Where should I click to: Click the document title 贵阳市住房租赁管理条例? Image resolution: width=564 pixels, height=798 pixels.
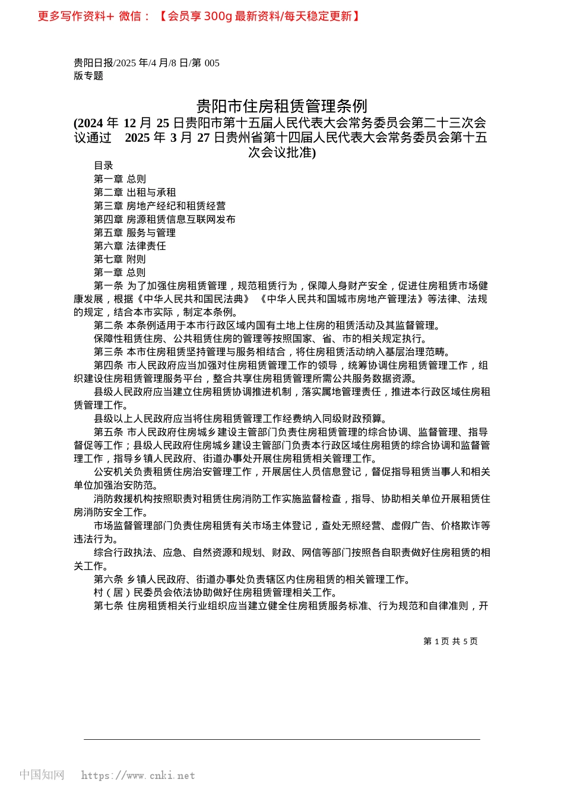click(x=282, y=106)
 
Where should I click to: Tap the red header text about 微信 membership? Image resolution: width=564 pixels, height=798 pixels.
click(x=199, y=17)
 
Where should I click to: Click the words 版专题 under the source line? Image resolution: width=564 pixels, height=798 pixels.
click(x=88, y=76)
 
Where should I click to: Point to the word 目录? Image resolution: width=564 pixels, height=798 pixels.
click(x=103, y=166)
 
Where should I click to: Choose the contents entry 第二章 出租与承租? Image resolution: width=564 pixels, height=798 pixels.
click(x=135, y=192)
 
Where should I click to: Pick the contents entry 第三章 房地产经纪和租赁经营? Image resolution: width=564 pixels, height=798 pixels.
click(x=160, y=206)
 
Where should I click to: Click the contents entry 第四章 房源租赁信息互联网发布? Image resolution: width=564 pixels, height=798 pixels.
click(x=164, y=219)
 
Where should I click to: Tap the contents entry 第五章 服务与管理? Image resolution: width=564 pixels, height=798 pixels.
click(x=135, y=233)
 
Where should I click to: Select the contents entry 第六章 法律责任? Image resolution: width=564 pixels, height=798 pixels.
click(x=130, y=246)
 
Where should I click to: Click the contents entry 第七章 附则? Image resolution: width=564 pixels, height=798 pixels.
click(x=120, y=259)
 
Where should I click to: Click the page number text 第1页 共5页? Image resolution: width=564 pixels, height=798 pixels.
click(x=451, y=641)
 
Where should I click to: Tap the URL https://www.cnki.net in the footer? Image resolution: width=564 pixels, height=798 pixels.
click(x=138, y=775)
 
